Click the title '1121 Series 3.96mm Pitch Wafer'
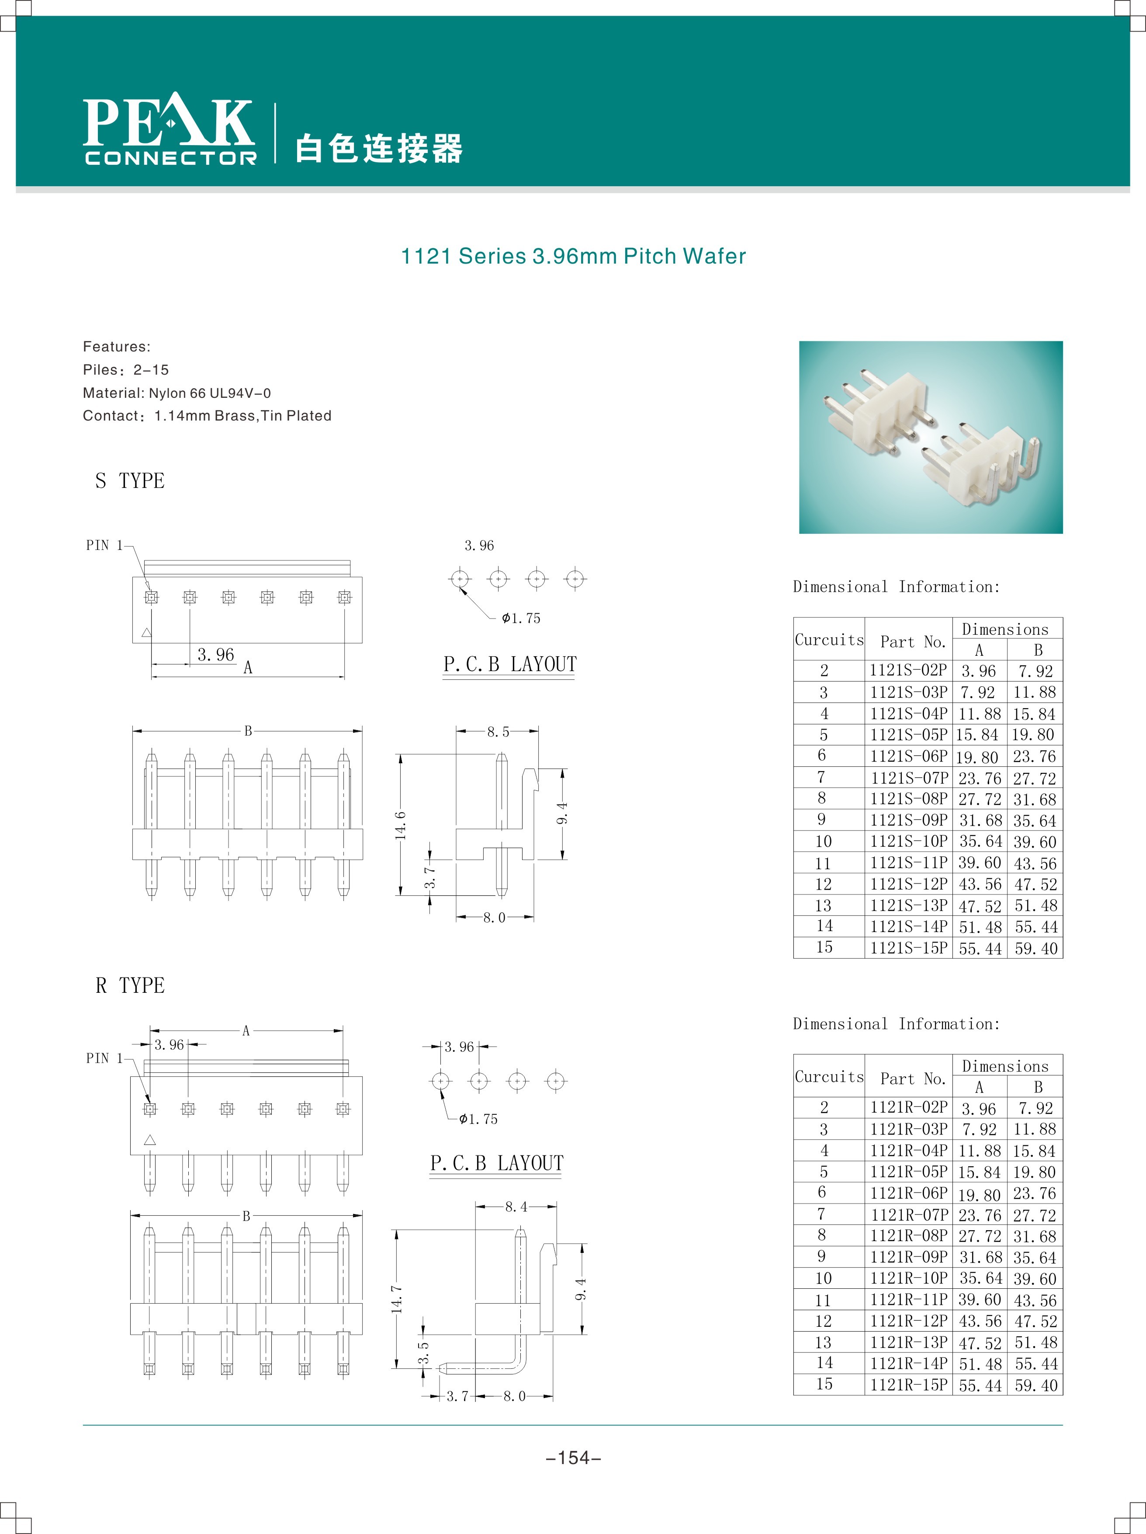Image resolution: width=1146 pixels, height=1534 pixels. (573, 257)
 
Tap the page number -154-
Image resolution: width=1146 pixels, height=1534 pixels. (573, 1458)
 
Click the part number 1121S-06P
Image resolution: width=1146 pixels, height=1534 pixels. (908, 756)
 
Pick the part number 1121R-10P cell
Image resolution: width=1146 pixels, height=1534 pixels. (908, 1278)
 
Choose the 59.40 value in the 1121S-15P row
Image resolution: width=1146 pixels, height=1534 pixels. (1036, 948)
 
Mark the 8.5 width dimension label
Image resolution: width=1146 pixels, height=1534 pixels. (498, 732)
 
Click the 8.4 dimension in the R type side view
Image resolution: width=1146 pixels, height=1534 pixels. (516, 1207)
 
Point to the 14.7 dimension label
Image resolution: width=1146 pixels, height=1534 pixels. (397, 1298)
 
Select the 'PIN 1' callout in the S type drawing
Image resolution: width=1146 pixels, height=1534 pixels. (104, 545)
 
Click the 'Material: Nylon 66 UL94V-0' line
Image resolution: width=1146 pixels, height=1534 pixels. (177, 393)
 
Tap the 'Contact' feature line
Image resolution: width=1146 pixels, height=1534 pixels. (207, 416)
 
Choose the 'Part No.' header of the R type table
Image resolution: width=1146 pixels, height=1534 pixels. (913, 1078)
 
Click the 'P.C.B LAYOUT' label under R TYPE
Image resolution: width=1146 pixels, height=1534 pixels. (496, 1163)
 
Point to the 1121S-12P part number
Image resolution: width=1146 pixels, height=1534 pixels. (908, 884)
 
